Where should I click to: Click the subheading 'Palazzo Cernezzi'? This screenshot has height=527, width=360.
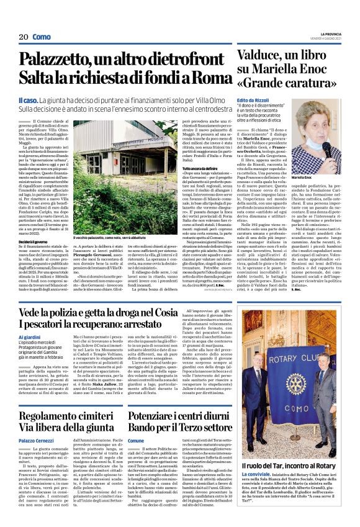38,439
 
